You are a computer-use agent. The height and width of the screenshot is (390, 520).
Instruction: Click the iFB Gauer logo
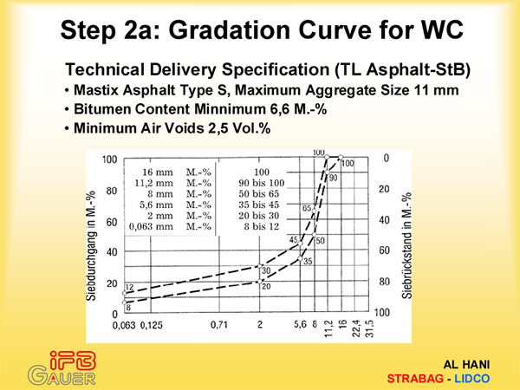click(62, 368)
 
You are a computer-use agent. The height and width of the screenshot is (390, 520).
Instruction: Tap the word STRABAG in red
click(415, 379)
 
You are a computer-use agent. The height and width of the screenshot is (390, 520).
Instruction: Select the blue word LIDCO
click(472, 379)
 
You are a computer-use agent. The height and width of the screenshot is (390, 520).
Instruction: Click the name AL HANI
click(466, 365)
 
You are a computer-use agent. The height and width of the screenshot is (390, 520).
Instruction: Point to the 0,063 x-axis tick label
click(124, 325)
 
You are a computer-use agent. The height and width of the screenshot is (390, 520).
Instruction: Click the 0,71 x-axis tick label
click(219, 324)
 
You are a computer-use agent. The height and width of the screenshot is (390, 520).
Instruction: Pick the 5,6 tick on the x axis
click(300, 324)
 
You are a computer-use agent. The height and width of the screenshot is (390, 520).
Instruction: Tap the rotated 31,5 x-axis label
click(369, 328)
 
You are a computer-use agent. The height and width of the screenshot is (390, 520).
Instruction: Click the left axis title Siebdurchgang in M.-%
click(91, 246)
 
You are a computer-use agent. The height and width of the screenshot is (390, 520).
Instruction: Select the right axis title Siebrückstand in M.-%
click(407, 245)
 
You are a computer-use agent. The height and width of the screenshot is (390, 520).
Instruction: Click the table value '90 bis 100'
click(262, 183)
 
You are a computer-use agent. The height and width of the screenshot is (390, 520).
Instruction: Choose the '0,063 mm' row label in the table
click(151, 226)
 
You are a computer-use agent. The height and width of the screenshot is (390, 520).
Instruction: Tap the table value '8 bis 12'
click(262, 226)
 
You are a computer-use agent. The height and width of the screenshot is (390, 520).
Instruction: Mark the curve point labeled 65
click(314, 211)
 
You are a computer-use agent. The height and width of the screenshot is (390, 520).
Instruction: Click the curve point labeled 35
click(300, 258)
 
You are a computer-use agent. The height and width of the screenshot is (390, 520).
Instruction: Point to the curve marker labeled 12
click(125, 293)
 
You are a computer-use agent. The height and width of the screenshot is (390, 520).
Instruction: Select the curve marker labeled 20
click(260, 281)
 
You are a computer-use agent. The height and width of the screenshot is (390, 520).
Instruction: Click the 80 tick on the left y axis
click(112, 191)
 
